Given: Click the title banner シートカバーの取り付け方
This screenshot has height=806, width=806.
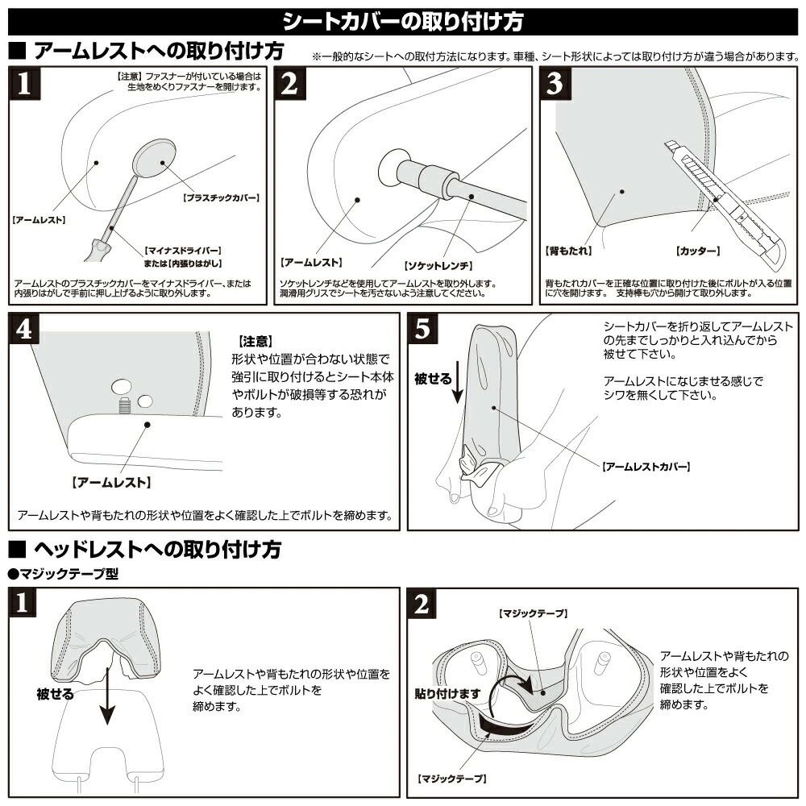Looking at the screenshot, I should [403, 20].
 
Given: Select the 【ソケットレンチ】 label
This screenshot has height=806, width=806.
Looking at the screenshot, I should [437, 265].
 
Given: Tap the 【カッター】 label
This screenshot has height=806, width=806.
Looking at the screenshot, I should [701, 251].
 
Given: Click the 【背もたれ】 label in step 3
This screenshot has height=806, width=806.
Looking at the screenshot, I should [568, 251].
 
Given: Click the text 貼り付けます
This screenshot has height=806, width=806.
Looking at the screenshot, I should [447, 692].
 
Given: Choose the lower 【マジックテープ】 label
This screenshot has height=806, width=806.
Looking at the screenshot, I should [451, 779].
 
